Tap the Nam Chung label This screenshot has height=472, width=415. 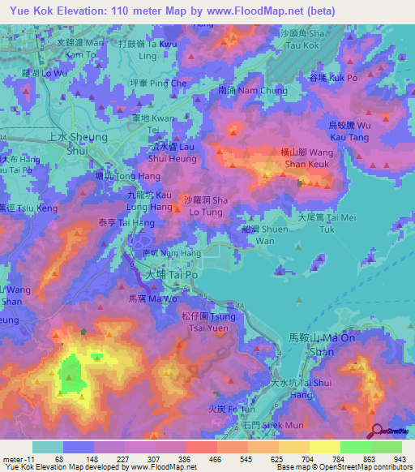point(253,91)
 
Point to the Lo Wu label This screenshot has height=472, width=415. point(45,73)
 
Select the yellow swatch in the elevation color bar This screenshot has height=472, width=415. point(324,447)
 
